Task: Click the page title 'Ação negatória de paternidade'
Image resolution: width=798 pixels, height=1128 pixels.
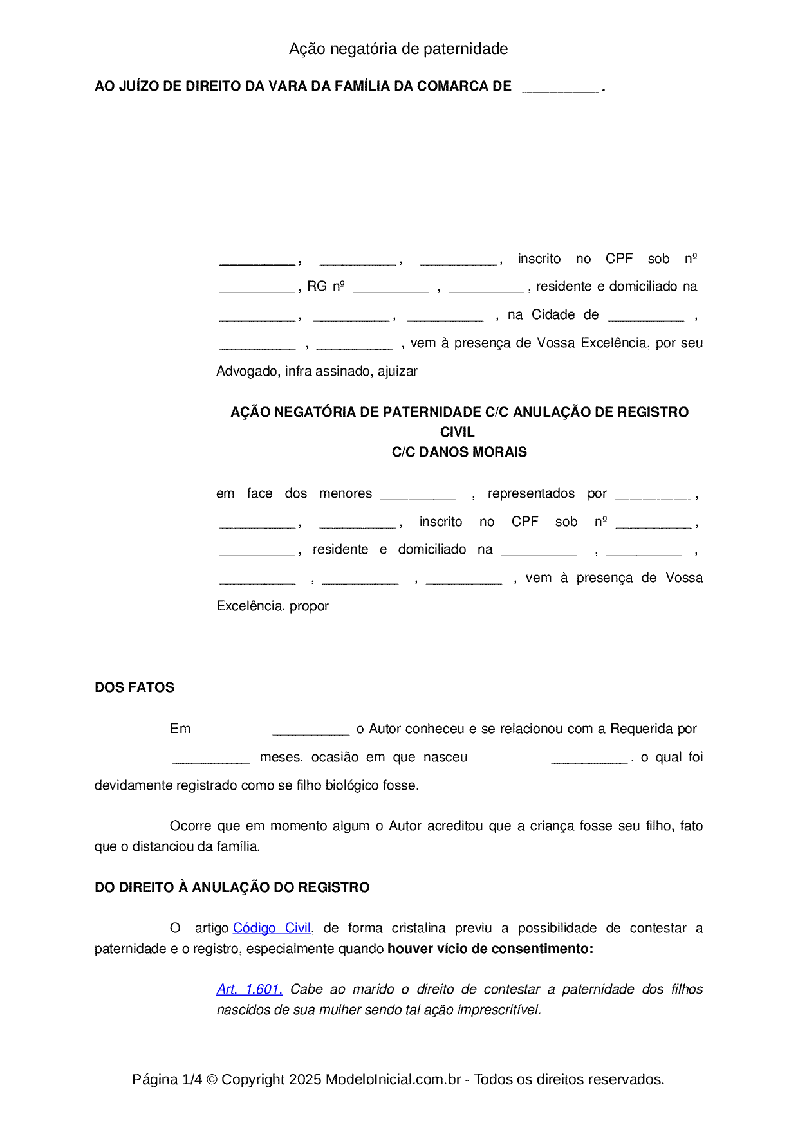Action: point(398,49)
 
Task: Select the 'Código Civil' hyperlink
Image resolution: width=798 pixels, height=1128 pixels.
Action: point(272,928)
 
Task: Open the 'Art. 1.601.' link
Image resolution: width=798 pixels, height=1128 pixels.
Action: point(249,989)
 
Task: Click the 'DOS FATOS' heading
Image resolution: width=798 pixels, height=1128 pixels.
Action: point(135,687)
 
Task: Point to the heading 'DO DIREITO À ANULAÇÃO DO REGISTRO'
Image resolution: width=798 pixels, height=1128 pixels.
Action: point(232,887)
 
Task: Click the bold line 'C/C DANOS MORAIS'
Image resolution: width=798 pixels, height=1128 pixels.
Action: point(459,452)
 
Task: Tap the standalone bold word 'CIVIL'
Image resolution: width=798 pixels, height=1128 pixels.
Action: point(457,432)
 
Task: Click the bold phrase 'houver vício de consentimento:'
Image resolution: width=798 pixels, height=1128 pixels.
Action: point(490,949)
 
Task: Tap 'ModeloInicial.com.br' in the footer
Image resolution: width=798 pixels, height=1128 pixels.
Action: point(393,1079)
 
